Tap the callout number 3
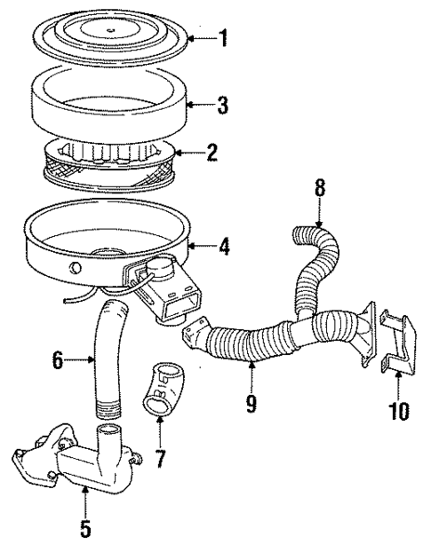point(222,106)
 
